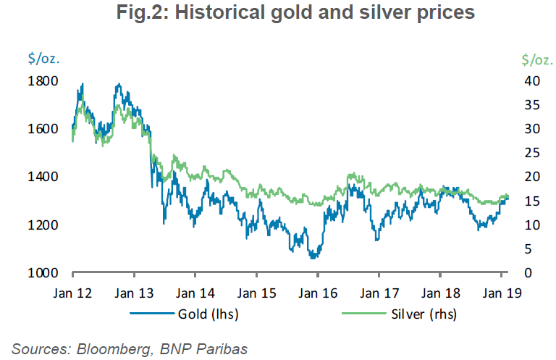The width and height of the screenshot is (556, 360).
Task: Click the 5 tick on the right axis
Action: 532,249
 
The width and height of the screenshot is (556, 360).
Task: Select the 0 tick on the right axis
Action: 532,273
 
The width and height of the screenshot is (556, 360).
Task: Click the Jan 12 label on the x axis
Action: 73,293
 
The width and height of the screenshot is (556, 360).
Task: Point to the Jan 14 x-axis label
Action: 195,293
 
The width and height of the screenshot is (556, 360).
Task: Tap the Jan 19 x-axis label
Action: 502,293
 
